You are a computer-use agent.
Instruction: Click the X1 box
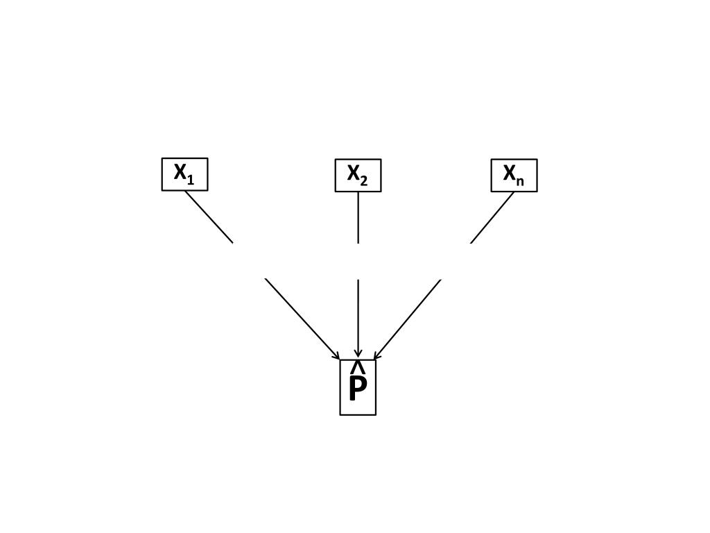(x=184, y=174)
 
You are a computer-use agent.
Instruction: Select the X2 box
(x=358, y=176)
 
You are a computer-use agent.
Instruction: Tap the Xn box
(x=514, y=176)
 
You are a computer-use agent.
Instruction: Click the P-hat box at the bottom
(x=358, y=387)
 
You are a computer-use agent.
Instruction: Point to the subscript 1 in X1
(x=191, y=180)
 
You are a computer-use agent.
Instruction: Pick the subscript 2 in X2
(x=364, y=181)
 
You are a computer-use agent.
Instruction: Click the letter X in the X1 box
(x=180, y=171)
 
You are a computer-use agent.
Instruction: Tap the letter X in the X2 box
(x=354, y=172)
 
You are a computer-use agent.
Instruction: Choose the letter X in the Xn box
(x=510, y=172)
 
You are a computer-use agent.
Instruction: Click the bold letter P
(x=357, y=390)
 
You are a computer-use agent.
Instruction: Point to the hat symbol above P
(x=358, y=366)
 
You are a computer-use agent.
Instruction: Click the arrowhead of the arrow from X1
(x=337, y=357)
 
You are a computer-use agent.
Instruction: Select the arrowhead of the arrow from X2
(x=358, y=354)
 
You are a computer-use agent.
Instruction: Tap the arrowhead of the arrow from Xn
(x=376, y=356)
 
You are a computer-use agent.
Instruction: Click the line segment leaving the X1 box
(x=209, y=217)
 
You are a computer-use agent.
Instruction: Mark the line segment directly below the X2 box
(x=358, y=217)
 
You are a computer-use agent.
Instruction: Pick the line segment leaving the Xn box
(x=492, y=217)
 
